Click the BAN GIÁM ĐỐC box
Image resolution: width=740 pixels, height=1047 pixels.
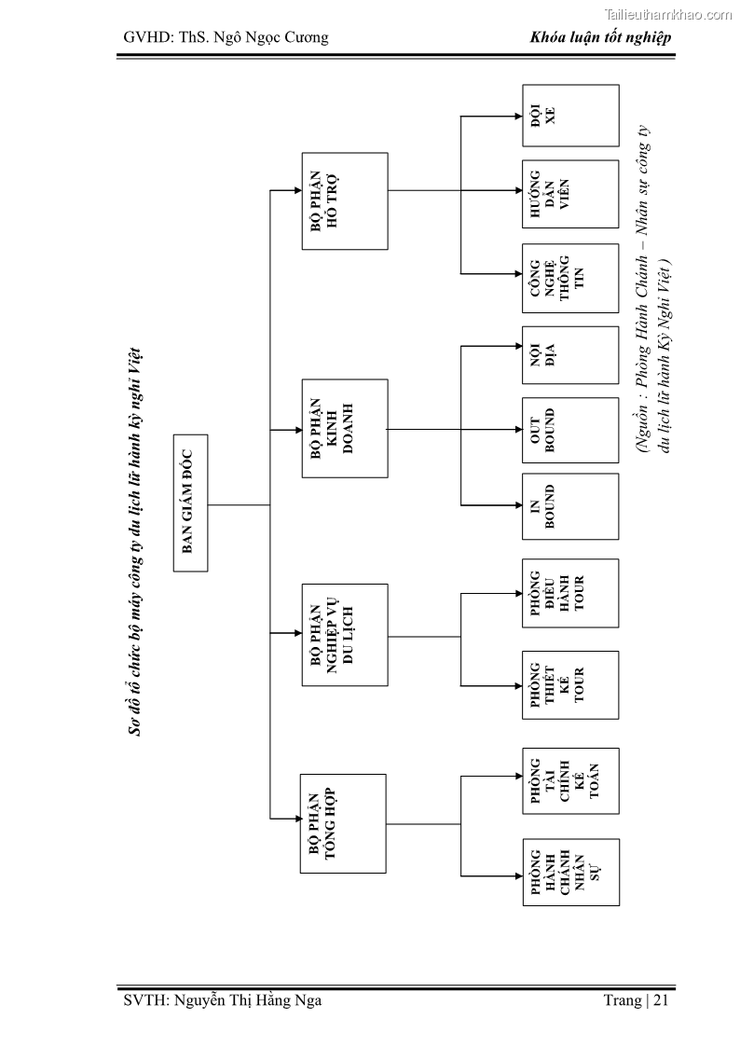pyautogui.click(x=190, y=504)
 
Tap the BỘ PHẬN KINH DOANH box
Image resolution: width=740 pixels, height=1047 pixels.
pyautogui.click(x=345, y=429)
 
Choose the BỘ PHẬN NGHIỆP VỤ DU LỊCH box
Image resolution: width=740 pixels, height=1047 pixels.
pyautogui.click(x=345, y=635)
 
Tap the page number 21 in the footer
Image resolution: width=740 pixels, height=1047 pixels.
pyautogui.click(x=661, y=1001)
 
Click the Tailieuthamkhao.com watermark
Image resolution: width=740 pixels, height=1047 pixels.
pyautogui.click(x=669, y=14)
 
